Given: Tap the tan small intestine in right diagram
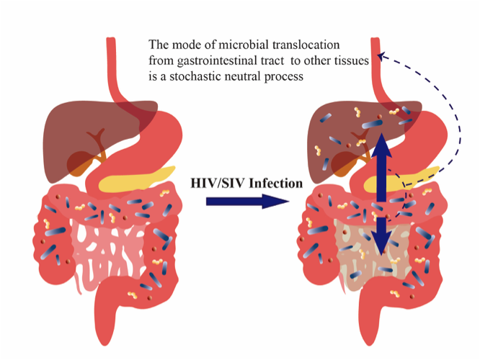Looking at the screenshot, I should click(360, 252).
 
